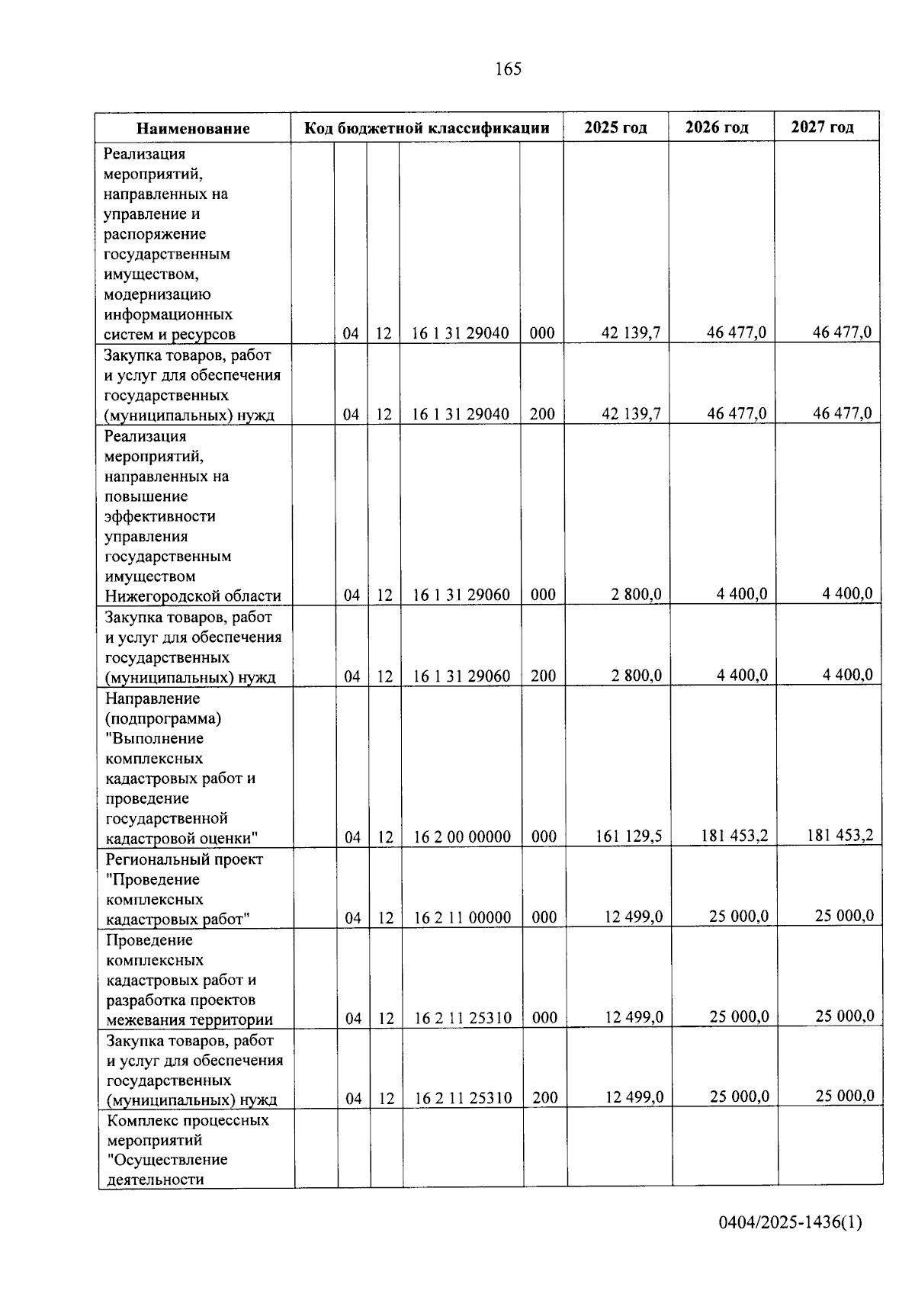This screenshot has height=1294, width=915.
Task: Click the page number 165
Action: point(508,69)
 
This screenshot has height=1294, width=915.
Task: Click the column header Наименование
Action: point(193,128)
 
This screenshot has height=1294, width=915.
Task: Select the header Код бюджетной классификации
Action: point(426,127)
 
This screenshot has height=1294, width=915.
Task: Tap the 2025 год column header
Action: point(615,127)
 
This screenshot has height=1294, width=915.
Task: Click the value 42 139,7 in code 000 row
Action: point(631,332)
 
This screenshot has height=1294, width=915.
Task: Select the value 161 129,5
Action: point(628,836)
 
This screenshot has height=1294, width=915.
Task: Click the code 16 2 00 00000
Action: point(462,836)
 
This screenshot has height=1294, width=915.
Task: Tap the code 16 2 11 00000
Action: point(462,917)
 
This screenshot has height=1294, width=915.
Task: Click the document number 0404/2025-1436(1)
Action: point(790,1223)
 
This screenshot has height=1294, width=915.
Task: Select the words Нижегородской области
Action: point(193,596)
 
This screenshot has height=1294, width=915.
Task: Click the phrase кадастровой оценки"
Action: point(181,838)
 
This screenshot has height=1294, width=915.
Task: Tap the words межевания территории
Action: point(189,1019)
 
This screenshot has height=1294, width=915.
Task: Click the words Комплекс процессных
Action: point(188,1120)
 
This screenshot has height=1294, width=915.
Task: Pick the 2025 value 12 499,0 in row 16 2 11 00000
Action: point(633,917)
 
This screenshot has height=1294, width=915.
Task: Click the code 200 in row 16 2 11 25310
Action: point(544,1097)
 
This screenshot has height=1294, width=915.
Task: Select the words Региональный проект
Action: point(185,859)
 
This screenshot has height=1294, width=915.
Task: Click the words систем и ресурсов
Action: point(169,334)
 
